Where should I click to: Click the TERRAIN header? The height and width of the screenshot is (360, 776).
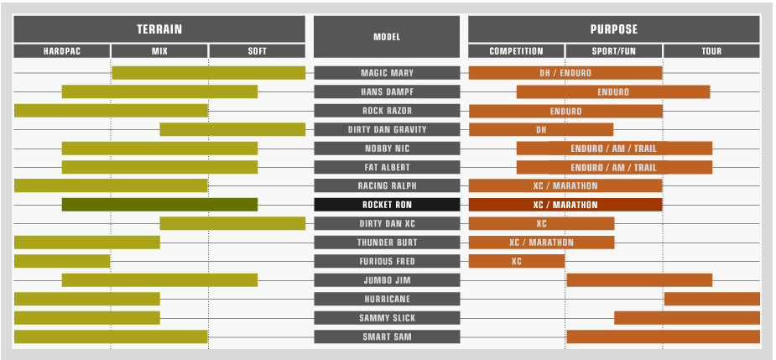159,29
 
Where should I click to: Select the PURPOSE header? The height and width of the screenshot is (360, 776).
614,29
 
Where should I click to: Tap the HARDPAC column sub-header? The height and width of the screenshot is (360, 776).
62,51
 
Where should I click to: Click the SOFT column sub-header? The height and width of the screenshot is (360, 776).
257,51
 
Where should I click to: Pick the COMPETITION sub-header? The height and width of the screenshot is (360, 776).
516,51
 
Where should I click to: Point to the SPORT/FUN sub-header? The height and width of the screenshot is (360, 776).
614,51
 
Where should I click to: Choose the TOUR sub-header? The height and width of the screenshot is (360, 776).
711,51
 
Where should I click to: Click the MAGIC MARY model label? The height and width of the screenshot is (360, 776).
387,73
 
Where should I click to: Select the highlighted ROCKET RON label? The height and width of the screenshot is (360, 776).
387,205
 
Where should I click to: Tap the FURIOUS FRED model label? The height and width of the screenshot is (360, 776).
387,261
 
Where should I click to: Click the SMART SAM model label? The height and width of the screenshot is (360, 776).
387,337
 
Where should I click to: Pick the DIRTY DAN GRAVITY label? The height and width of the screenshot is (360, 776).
387,129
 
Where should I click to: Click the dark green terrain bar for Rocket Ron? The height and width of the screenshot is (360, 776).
159,205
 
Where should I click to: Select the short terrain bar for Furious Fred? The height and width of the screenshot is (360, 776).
62,261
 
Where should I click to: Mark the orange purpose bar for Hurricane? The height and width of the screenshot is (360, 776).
711,299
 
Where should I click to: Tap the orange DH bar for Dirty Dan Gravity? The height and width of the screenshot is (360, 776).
541,129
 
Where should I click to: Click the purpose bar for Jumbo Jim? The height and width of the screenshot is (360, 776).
639,280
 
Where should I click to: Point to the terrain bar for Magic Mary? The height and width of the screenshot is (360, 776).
208,73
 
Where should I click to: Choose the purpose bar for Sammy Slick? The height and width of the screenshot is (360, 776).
686,318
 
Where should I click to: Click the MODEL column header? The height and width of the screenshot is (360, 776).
387,37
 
